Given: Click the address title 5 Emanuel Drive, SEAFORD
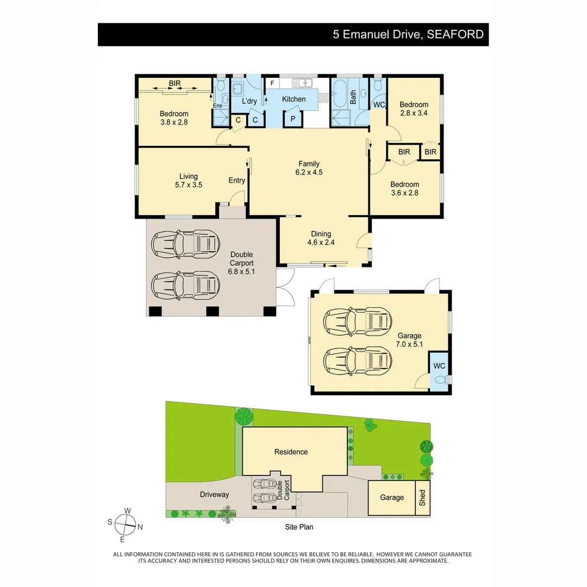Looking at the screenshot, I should (x=408, y=35).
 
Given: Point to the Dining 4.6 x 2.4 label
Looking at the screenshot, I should (x=321, y=238).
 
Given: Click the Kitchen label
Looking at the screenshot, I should (x=293, y=99).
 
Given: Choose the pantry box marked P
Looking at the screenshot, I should (x=292, y=119).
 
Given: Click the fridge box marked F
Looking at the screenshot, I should (x=272, y=83).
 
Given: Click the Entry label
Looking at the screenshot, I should (x=236, y=180).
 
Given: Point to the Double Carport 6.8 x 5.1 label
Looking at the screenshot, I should (x=242, y=263).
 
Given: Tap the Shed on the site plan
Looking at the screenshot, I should (x=423, y=497).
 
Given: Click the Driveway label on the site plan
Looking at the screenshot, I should (x=215, y=495).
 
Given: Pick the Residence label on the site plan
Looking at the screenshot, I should (x=291, y=452).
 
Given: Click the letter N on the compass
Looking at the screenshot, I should (x=140, y=526).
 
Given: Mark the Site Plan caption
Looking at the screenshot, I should (x=299, y=527).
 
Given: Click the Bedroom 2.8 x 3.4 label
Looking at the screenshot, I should (x=414, y=109).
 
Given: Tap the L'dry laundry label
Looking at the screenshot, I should (x=249, y=101).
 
